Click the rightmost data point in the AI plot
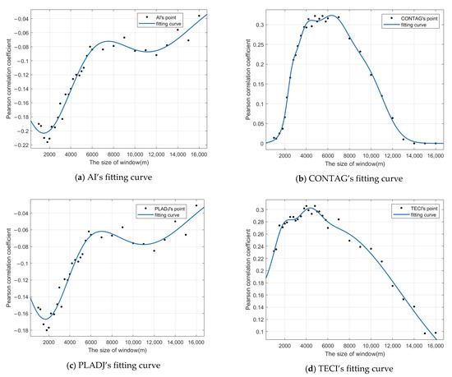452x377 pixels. tap(199, 16)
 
